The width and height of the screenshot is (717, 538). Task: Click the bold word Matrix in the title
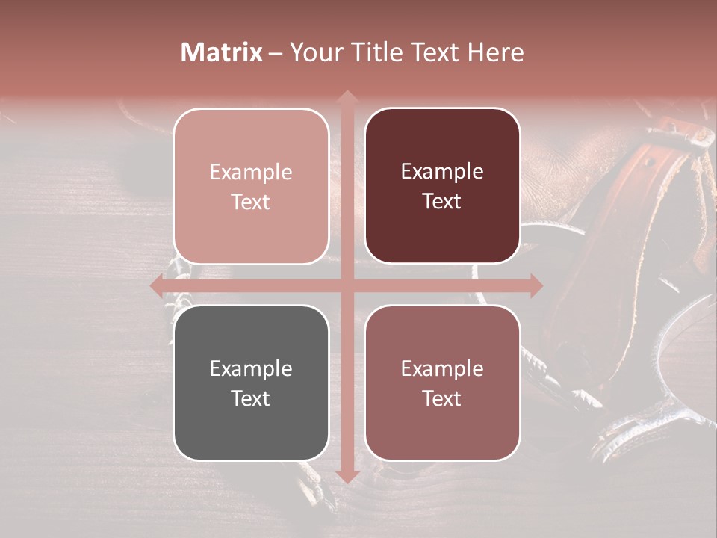tap(222, 52)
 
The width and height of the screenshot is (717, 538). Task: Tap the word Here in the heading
tap(495, 52)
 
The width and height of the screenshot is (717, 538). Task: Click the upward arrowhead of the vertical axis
tap(347, 96)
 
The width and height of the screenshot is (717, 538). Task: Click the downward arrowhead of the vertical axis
tap(347, 476)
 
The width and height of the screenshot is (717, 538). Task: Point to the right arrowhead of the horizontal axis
tap(536, 286)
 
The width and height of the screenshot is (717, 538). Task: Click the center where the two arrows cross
tap(347, 286)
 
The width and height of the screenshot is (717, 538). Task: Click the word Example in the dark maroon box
tap(442, 172)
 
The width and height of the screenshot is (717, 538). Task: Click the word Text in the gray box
tap(251, 398)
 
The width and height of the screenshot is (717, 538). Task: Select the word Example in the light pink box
tap(251, 172)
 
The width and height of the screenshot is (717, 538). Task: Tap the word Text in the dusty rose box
tap(442, 398)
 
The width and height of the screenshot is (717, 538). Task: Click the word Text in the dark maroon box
tap(442, 202)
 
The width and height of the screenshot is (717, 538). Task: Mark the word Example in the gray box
tap(251, 368)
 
